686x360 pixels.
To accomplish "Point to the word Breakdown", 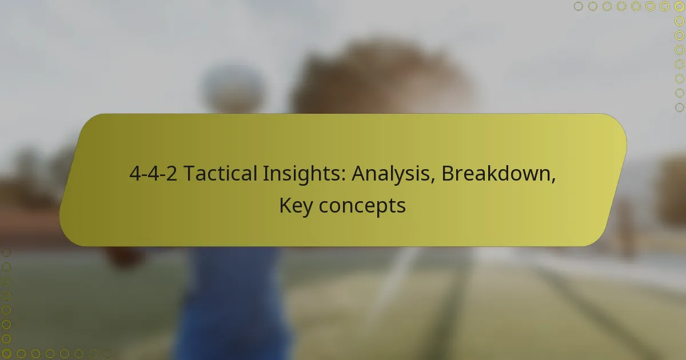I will (x=496, y=174).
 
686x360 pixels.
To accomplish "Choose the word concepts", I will (x=362, y=206).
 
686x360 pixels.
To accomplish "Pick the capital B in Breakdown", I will (x=447, y=174).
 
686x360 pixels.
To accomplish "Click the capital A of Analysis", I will (x=358, y=174).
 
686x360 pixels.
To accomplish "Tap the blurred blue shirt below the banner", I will (x=234, y=297).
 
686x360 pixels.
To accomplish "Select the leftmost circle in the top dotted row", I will (x=578, y=6).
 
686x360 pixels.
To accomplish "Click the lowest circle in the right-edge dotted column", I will (x=679, y=107).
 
